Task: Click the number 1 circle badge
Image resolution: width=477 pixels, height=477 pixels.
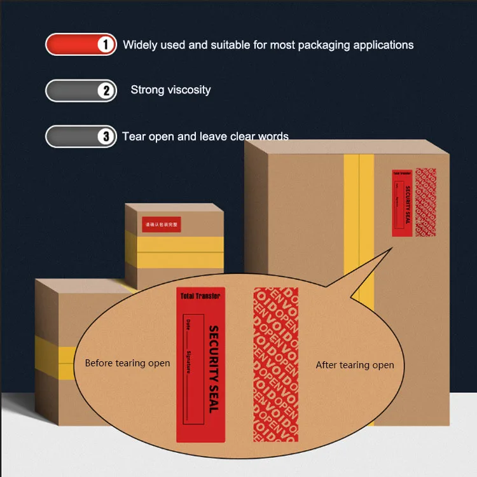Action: click(106, 45)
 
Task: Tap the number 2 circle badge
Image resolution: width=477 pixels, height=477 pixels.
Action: click(106, 90)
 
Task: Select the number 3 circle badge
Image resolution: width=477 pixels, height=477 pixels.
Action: click(106, 136)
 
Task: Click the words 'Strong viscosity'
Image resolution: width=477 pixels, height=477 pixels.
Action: click(170, 90)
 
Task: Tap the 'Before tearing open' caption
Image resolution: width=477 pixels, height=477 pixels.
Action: click(127, 363)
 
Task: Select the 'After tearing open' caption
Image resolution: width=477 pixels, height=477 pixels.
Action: click(355, 365)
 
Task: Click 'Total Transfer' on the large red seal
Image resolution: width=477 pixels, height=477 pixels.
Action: click(200, 296)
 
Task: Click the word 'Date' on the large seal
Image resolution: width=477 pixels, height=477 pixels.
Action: click(188, 328)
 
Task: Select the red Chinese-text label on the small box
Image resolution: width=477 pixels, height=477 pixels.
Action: click(162, 225)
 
